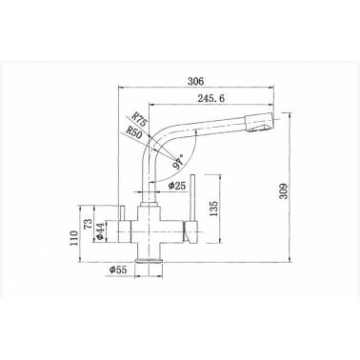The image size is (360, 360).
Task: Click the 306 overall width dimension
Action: pyautogui.click(x=195, y=81)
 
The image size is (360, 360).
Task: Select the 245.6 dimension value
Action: pyautogui.click(x=210, y=98)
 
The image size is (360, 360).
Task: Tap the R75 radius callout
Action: pyautogui.click(x=139, y=120)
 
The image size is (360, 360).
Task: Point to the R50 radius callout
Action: pyautogui.click(x=133, y=132)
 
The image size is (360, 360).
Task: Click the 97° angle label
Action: pyautogui.click(x=178, y=161)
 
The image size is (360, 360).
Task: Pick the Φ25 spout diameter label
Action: pyautogui.click(x=177, y=186)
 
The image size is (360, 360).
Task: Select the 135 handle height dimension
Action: pyautogui.click(x=214, y=209)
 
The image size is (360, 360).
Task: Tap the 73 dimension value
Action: pyautogui.click(x=89, y=224)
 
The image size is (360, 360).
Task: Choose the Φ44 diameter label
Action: pyautogui.click(x=99, y=231)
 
